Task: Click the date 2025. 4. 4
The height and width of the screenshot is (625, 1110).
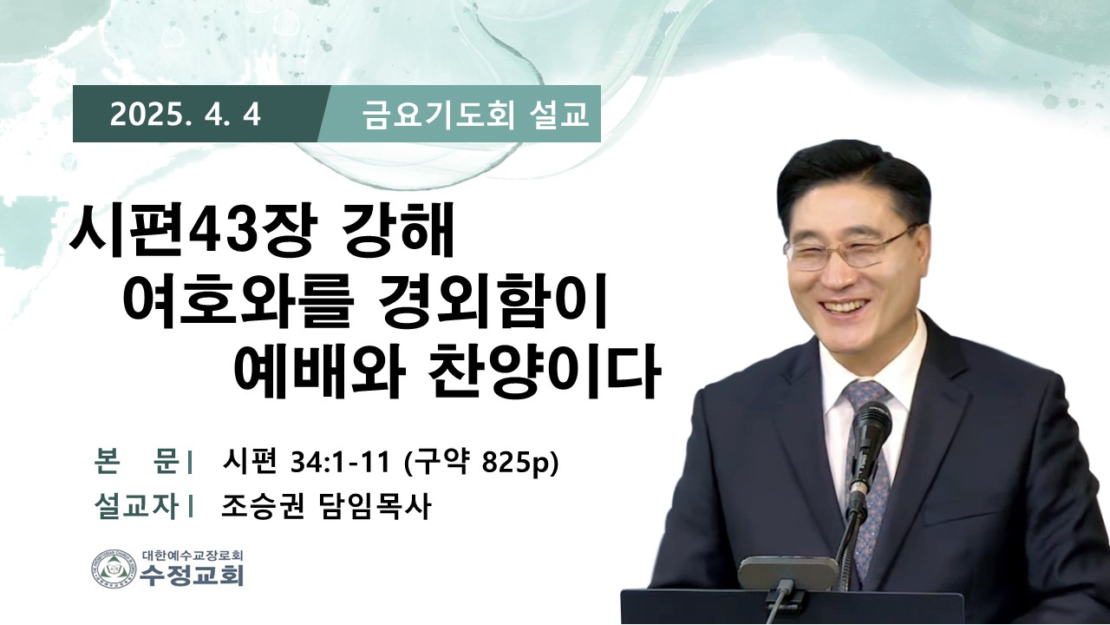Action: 186,116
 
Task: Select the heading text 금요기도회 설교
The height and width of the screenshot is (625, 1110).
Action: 476,115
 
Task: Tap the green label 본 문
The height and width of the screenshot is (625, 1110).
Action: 137,462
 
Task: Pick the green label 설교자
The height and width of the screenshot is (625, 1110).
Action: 137,506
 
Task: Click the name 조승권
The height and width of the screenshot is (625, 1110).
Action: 263,506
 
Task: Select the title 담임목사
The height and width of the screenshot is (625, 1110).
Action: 372,506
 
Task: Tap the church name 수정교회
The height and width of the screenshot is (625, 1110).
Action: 192,576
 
